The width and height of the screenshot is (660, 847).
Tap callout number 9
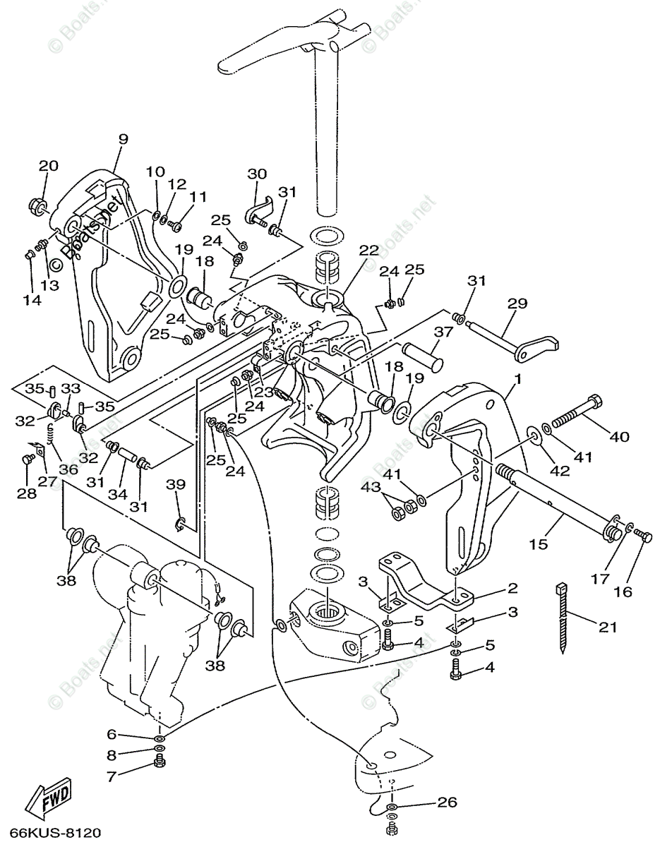pos(123,140)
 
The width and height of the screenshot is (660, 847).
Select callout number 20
pos(49,166)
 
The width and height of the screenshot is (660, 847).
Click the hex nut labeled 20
pos(38,205)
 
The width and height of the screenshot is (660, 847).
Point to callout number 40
pos(619,436)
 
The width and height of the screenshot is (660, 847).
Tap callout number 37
pos(443,332)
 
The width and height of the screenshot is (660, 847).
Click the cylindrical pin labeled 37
pos(423,355)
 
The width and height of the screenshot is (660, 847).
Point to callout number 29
pos(517,304)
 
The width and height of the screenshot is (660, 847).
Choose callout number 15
pos(539,544)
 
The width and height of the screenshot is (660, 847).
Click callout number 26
pos(447,803)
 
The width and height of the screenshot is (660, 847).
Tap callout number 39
pos(176,485)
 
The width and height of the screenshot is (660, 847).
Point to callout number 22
pos(369,251)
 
